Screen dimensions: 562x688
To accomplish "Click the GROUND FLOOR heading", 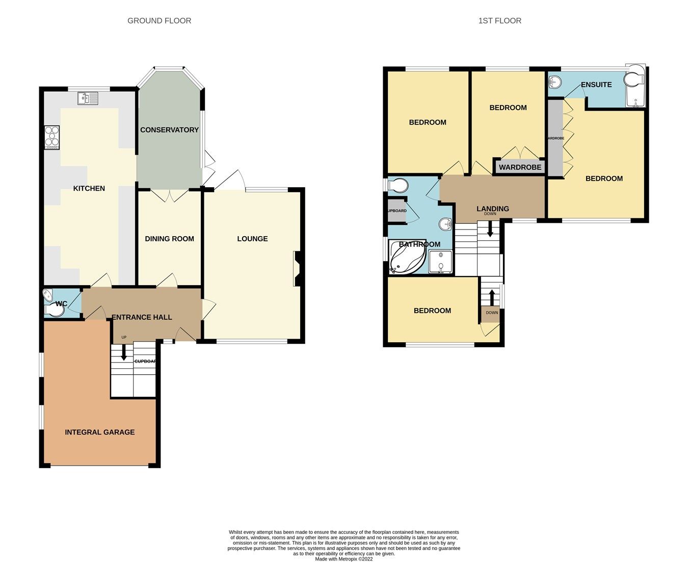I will pyautogui.click(x=159, y=21).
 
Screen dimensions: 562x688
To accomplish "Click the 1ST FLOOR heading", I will pyautogui.click(x=499, y=21).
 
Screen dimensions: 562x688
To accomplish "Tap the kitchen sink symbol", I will pyautogui.click(x=88, y=98).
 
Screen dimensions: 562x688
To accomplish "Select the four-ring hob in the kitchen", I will pyautogui.click(x=52, y=137).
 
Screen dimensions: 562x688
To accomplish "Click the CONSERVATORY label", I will pyautogui.click(x=169, y=130).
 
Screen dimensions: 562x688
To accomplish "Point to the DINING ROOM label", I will pyautogui.click(x=169, y=239).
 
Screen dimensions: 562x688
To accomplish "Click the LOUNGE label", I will pyautogui.click(x=252, y=239).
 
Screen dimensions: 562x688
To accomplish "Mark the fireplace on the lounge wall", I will pyautogui.click(x=298, y=269).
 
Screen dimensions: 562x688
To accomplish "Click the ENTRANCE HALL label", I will pyautogui.click(x=142, y=317).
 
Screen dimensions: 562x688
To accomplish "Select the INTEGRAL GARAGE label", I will pyautogui.click(x=100, y=432).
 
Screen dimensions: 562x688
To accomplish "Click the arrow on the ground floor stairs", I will pyautogui.click(x=123, y=354).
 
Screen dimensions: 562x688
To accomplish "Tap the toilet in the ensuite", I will pyautogui.click(x=634, y=80).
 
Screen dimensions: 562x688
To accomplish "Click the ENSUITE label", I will pyautogui.click(x=596, y=85).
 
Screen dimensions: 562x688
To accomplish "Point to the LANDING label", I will pyautogui.click(x=492, y=209).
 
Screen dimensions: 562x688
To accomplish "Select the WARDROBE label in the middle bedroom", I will pyautogui.click(x=520, y=167).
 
